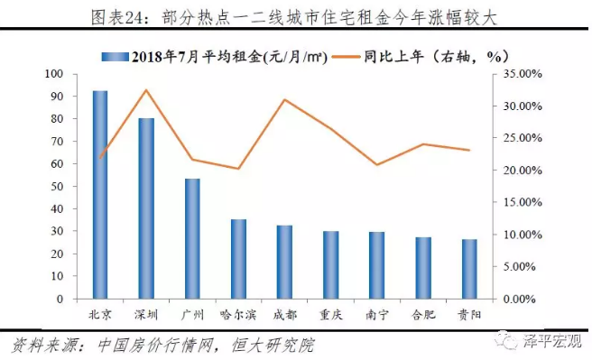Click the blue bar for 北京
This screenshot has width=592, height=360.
100,195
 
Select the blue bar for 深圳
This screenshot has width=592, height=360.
146,208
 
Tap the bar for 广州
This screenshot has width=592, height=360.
192,239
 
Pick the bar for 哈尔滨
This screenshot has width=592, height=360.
238,259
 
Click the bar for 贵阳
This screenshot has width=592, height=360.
469,269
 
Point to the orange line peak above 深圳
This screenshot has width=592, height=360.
146,90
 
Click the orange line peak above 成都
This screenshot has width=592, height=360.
284,99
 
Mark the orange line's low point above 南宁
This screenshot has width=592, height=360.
377,164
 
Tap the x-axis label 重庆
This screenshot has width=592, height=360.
330,315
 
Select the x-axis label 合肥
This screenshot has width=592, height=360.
423,315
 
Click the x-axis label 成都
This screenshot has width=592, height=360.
284,315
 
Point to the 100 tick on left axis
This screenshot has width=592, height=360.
54,74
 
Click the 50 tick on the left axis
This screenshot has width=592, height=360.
57,186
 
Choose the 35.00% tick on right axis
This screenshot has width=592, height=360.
523,74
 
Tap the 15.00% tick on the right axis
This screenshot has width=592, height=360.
523,202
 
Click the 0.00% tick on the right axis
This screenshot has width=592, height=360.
520,300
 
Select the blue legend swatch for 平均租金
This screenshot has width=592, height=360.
116,57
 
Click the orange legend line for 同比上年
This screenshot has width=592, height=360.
346,57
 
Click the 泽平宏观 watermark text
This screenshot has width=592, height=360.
552,341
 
